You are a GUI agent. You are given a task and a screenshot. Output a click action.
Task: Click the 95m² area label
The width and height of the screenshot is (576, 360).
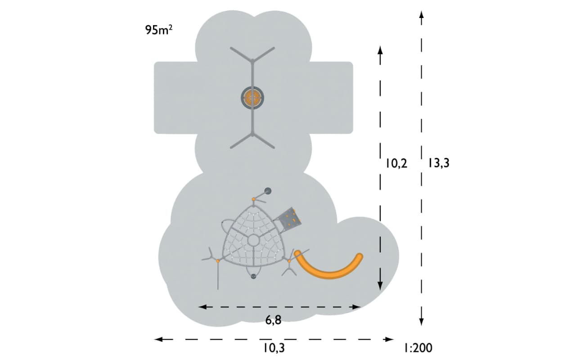point(159,30)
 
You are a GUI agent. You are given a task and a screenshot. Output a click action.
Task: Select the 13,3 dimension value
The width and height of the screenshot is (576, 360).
point(439,163)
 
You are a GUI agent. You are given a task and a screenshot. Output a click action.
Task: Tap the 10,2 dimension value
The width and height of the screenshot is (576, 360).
point(396,163)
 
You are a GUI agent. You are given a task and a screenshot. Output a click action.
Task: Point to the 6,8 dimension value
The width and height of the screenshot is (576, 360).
point(273,320)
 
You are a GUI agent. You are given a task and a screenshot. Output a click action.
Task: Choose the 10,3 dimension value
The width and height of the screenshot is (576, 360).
point(274,348)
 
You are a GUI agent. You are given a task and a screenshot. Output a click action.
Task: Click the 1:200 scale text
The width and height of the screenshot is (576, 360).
point(418,348)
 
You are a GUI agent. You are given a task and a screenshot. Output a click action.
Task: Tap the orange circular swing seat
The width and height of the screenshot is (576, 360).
point(252,98)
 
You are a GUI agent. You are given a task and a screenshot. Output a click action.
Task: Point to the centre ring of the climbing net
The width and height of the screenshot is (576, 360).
point(253,240)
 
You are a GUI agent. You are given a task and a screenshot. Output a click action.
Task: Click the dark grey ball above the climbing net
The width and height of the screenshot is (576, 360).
point(268,191)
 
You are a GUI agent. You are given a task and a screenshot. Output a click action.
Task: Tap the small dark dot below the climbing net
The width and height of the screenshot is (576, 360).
point(253,276)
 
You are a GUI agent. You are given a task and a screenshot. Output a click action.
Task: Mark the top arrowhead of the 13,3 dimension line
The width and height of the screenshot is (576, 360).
point(421,15)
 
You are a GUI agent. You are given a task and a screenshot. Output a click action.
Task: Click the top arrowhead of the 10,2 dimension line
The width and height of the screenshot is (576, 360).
point(380,50)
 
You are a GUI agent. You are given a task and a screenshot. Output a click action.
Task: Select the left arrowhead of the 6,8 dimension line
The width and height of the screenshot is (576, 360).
point(202,307)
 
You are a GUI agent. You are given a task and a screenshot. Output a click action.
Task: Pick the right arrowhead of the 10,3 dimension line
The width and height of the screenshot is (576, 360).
point(389,339)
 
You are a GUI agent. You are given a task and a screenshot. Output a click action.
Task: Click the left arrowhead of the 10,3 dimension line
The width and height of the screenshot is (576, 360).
point(158,339)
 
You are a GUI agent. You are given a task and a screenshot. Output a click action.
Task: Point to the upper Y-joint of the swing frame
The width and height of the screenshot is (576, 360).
point(252,61)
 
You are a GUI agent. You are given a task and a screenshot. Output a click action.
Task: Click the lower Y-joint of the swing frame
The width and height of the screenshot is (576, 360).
point(252,135)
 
